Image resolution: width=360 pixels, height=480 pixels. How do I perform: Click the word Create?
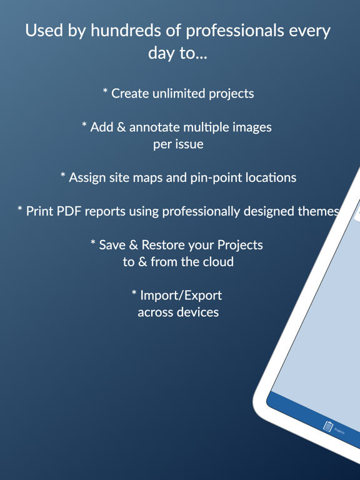point(131,94)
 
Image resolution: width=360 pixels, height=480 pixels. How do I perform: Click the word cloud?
point(216,261)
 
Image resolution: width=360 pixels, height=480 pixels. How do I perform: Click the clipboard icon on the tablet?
point(327,426)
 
